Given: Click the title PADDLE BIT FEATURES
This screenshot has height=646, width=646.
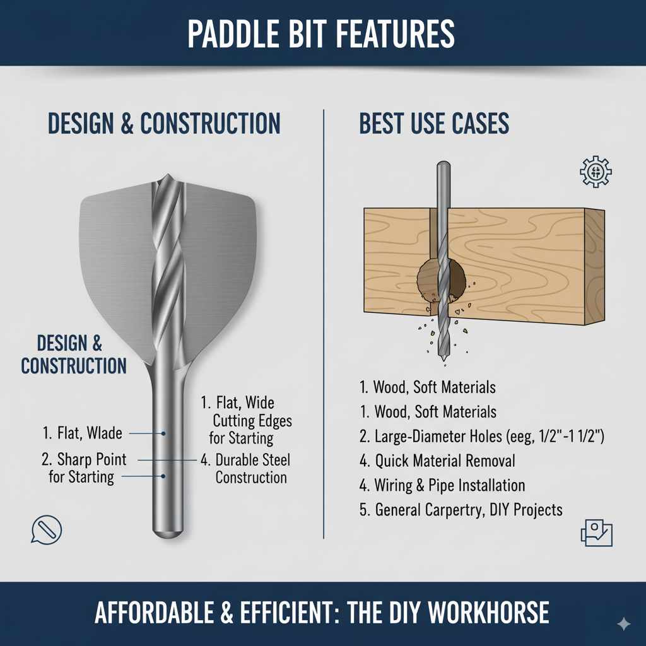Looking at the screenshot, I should [x=321, y=34].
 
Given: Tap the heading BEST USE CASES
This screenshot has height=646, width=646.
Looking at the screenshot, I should [x=434, y=124].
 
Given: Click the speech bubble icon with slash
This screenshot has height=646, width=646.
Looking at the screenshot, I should [x=47, y=529].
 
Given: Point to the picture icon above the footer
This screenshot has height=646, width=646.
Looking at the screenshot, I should [x=596, y=534].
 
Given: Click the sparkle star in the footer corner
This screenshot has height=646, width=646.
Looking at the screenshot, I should [x=623, y=623].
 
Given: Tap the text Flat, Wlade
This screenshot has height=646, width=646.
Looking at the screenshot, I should [x=83, y=433].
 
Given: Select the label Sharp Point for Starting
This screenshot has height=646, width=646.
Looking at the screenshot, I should [x=85, y=467].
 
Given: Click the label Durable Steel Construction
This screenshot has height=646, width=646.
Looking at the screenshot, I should [x=246, y=469].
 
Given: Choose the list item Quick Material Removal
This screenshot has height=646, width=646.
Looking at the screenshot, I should [x=437, y=461].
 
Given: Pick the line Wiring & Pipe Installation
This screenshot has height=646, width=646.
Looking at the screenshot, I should [x=442, y=485].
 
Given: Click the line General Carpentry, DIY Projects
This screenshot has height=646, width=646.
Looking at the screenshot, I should [x=461, y=510].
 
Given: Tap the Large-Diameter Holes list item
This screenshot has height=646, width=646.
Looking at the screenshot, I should [x=482, y=436].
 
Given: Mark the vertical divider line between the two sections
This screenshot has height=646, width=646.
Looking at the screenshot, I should [x=324, y=322].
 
